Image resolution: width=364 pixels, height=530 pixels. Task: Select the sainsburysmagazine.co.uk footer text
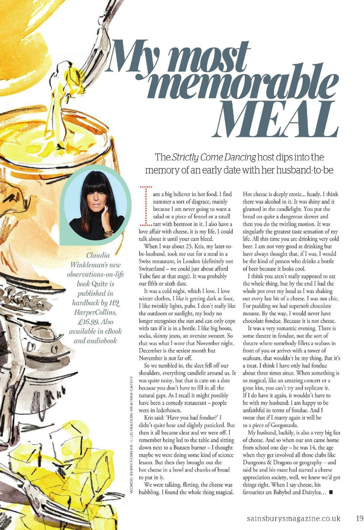293,518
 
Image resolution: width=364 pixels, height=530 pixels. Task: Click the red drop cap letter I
146,206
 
